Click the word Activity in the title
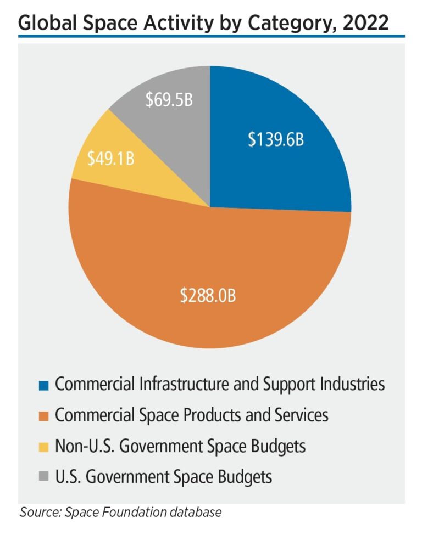click(x=175, y=22)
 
